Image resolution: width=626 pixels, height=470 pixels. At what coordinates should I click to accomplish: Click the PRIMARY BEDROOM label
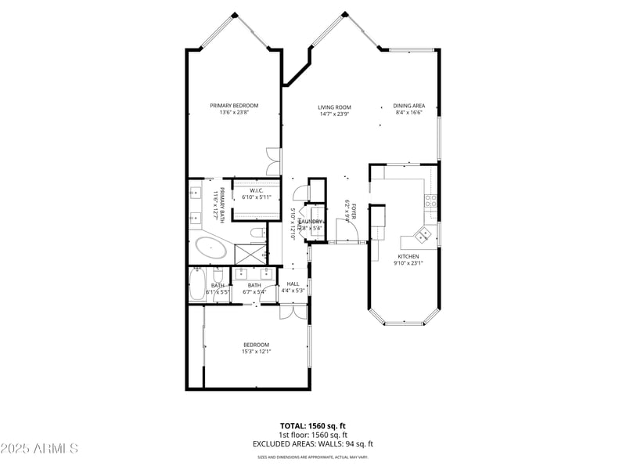click(234, 106)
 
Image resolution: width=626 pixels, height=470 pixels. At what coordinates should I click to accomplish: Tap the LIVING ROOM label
click(334, 107)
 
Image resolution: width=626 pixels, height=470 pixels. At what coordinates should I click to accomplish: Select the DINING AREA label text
click(408, 106)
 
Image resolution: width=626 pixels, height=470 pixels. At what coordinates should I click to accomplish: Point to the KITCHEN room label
click(408, 256)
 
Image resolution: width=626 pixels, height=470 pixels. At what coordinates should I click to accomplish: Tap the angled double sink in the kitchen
click(423, 233)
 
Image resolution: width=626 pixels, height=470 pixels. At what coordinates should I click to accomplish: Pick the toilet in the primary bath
click(257, 233)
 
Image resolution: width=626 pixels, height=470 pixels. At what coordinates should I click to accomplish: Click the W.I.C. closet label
click(256, 190)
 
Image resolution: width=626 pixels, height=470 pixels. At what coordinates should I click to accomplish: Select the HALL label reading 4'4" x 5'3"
click(293, 287)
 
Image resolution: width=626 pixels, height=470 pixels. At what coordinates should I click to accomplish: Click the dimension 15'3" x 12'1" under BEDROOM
click(256, 352)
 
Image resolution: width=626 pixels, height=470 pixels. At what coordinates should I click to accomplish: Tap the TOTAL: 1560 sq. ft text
click(313, 425)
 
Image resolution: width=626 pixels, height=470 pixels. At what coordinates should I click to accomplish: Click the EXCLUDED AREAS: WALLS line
click(313, 443)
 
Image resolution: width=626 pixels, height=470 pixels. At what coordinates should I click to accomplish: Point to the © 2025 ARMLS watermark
click(39, 449)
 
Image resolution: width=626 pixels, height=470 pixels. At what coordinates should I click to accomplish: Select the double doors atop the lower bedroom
click(293, 312)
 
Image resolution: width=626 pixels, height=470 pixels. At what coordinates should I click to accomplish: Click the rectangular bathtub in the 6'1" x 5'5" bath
click(197, 286)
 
